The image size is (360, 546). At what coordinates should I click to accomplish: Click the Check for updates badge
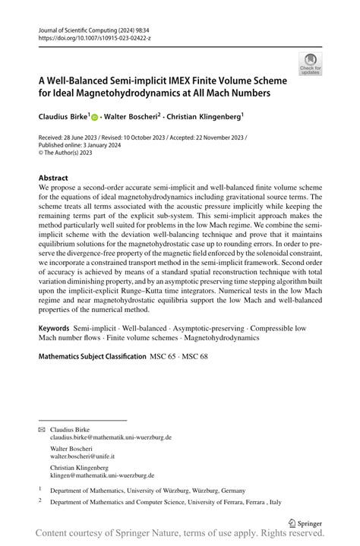(309, 63)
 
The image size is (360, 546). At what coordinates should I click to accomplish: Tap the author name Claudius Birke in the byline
(62, 118)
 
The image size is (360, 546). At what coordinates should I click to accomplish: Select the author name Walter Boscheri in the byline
(131, 118)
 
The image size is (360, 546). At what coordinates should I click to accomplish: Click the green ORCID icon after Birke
(95, 118)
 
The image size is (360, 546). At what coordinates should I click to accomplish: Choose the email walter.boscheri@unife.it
(82, 456)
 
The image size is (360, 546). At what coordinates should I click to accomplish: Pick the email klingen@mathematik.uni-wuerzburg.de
(102, 475)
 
